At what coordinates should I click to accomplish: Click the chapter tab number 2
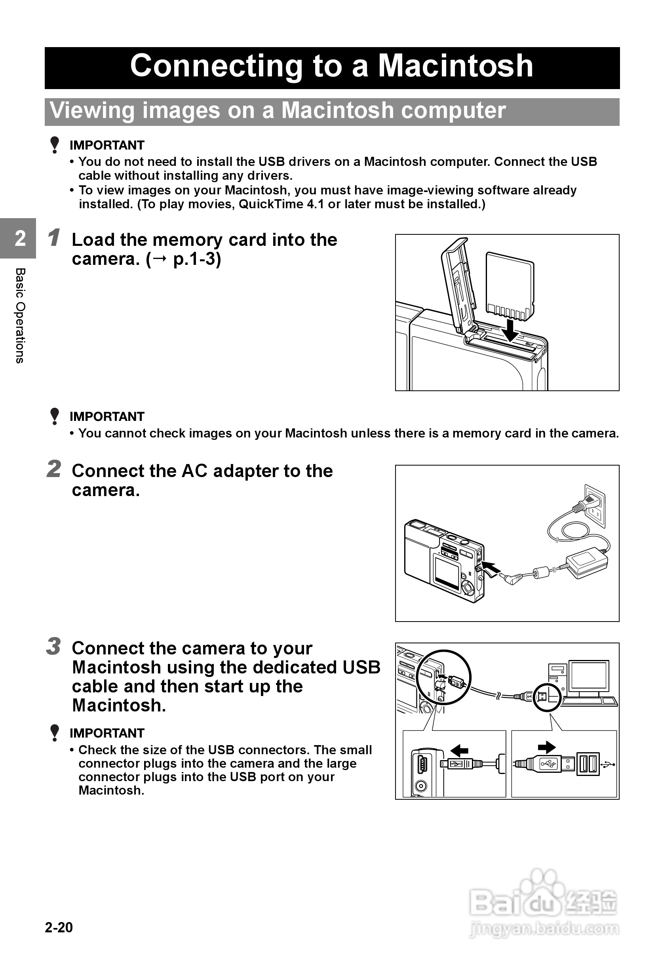pyautogui.click(x=20, y=239)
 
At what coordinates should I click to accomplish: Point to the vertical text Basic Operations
pyautogui.click(x=20, y=316)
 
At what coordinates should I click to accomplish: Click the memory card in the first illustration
pyautogui.click(x=510, y=285)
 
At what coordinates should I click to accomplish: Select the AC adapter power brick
pyautogui.click(x=588, y=562)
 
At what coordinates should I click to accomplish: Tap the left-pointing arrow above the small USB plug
pyautogui.click(x=459, y=750)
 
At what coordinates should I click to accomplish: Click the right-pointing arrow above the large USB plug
pyautogui.click(x=546, y=747)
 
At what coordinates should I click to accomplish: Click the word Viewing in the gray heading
pyautogui.click(x=92, y=110)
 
